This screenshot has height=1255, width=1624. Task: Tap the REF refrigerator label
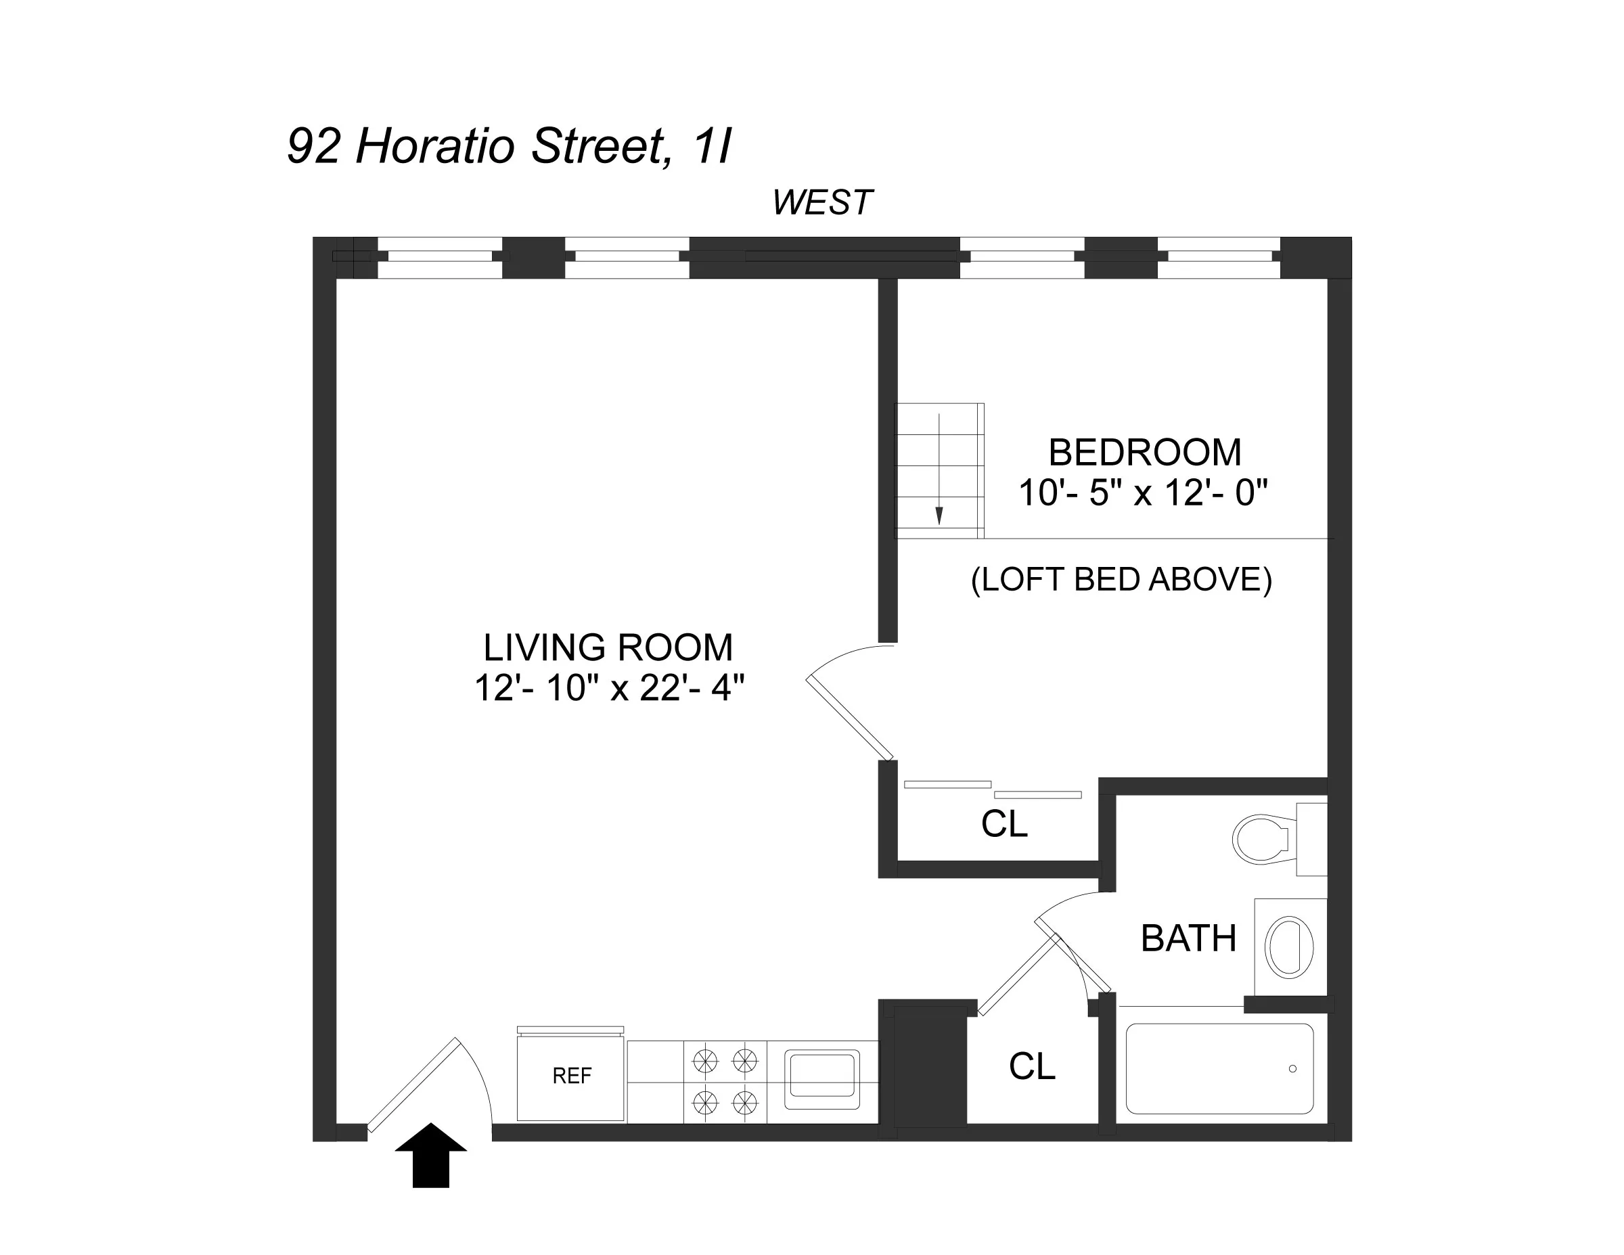pos(572,1076)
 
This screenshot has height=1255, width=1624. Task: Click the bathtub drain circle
pos(1292,1069)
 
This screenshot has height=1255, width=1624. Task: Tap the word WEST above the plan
pos(821,203)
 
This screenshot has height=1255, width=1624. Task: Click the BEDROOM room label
pos(1144,452)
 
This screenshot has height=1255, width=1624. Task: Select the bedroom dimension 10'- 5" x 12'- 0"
pos(1143,492)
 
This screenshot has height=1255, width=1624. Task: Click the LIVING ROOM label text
pos(608,647)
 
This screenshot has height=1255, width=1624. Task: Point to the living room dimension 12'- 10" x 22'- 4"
pos(609,688)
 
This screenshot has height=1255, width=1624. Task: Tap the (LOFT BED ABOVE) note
pos(1121,580)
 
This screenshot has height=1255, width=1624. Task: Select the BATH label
pos(1188,938)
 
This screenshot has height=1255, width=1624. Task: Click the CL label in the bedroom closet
pos(1004,824)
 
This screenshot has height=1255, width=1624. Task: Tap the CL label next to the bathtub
pos(1031,1067)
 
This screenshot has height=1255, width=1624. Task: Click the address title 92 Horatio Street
pos(510,145)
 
